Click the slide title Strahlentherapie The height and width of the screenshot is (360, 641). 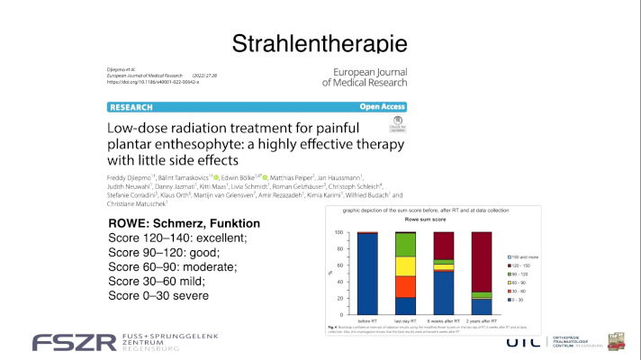(x=320, y=42)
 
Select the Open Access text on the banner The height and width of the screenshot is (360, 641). (x=384, y=104)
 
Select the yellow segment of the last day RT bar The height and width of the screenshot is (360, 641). (x=405, y=266)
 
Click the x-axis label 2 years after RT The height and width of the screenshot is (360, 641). (x=483, y=319)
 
